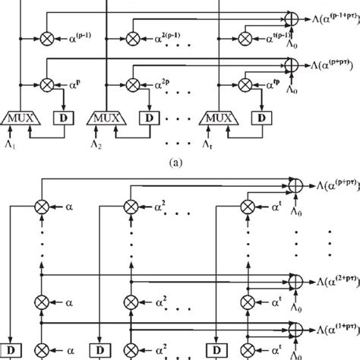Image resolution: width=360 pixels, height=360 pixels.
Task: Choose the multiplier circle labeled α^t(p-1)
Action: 246,35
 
